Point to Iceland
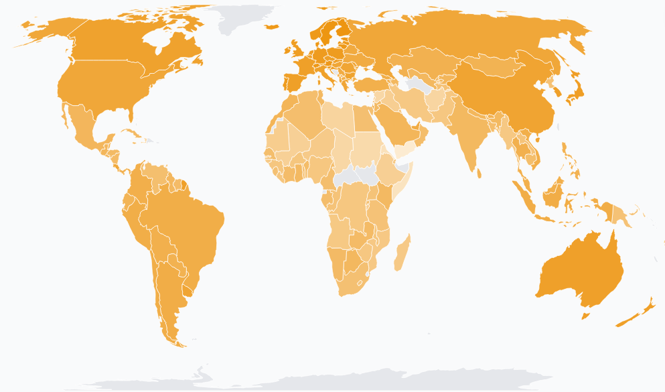[x=271, y=27]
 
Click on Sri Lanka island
[x=481, y=174]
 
